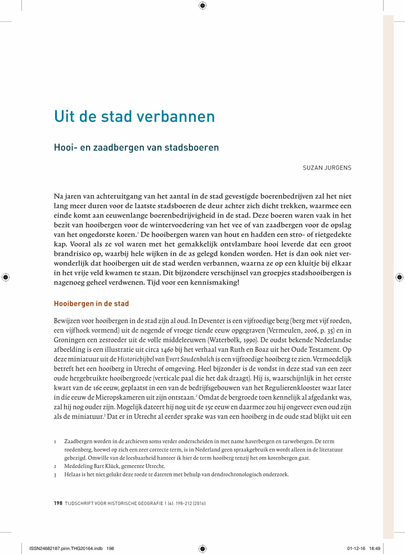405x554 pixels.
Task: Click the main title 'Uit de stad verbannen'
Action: click(134, 117)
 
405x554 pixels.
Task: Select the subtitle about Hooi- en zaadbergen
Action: click(136, 148)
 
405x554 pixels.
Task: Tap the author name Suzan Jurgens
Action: click(326, 168)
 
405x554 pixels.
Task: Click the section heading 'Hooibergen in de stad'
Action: click(91, 304)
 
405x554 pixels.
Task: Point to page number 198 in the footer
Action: click(57, 503)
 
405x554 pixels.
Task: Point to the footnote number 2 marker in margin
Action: click(55, 466)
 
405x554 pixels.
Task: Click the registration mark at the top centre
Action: click(202, 6)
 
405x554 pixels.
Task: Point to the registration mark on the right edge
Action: click(399, 277)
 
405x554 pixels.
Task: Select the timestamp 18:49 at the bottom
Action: click(375, 547)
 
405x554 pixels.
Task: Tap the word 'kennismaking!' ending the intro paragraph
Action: click(215, 282)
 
